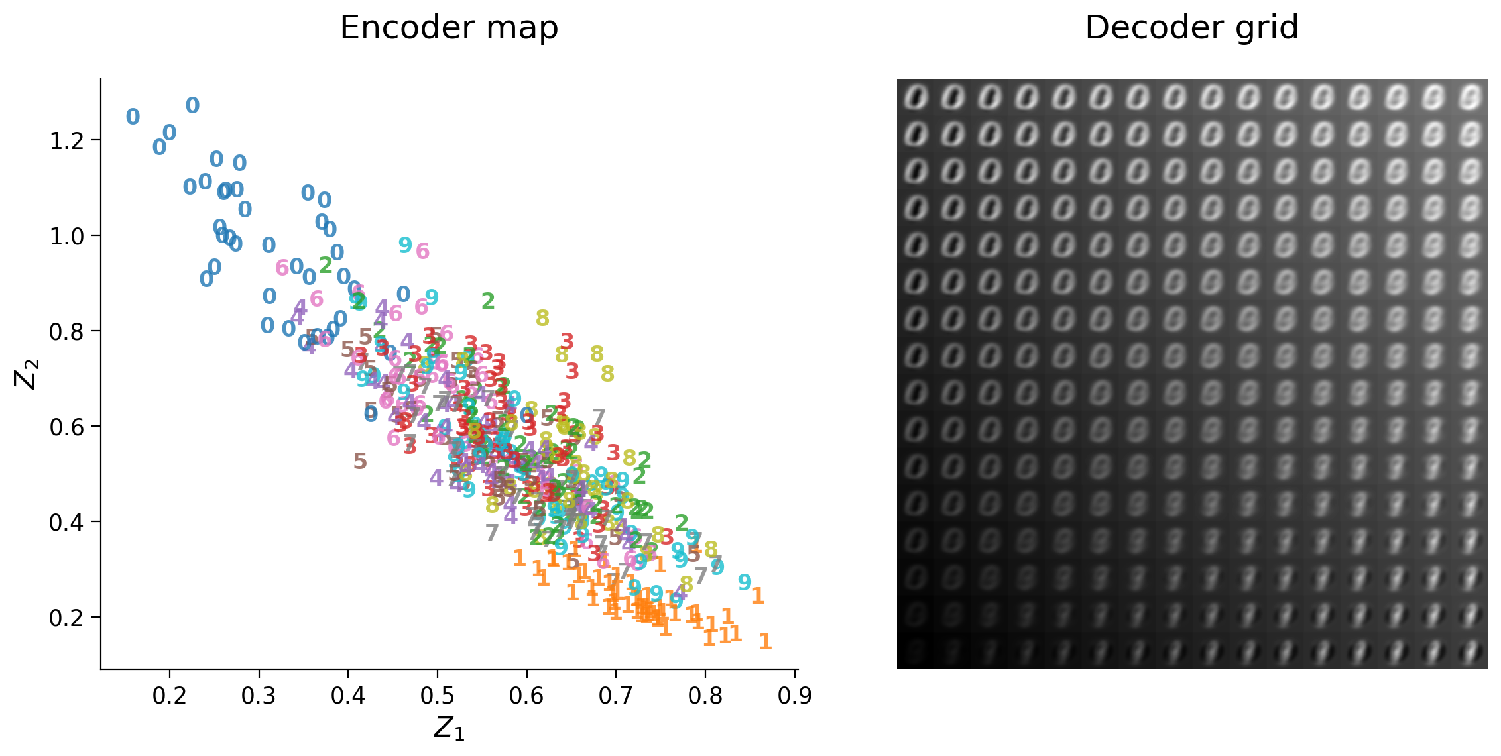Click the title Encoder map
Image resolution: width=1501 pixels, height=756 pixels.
[449, 28]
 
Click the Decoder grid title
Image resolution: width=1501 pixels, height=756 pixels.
[1191, 28]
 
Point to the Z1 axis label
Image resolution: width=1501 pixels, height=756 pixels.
[449, 728]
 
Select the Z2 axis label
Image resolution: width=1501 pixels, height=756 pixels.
[27, 374]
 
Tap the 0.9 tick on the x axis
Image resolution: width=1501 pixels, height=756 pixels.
[794, 696]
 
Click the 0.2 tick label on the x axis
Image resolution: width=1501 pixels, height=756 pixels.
[170, 696]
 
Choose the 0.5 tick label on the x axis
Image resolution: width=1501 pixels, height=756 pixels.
[438, 696]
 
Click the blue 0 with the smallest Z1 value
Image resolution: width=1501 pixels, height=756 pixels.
[133, 117]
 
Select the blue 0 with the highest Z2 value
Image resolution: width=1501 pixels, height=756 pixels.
[192, 105]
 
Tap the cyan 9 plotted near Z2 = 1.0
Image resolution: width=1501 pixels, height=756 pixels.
[405, 245]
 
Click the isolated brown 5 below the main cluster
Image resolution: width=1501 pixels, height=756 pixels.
[360, 461]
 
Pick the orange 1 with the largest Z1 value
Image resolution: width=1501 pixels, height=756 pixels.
[765, 641]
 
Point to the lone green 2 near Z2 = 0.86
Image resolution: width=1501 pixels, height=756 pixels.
[488, 301]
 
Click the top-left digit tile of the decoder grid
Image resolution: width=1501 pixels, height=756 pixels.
[916, 98]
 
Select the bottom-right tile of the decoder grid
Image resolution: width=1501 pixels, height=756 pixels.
[1470, 651]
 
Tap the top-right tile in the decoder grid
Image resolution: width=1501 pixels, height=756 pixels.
[1470, 98]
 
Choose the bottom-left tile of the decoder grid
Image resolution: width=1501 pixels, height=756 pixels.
[916, 651]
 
